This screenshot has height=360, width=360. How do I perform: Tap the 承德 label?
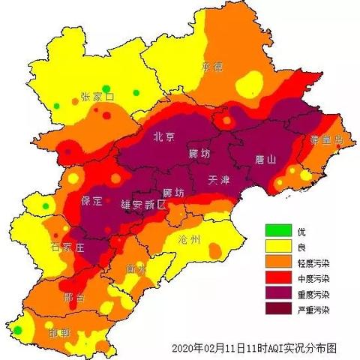(x=213, y=67)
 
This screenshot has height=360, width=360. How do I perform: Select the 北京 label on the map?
(x=164, y=136)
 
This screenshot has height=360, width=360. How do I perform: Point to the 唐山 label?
(x=266, y=160)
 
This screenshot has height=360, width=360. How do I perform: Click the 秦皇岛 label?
(x=327, y=139)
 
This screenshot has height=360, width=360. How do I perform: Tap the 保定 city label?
(x=93, y=202)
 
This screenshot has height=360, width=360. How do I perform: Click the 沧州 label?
(x=190, y=239)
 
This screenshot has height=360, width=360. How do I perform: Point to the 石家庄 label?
(x=67, y=247)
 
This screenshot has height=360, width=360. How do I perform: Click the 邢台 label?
(x=75, y=296)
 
